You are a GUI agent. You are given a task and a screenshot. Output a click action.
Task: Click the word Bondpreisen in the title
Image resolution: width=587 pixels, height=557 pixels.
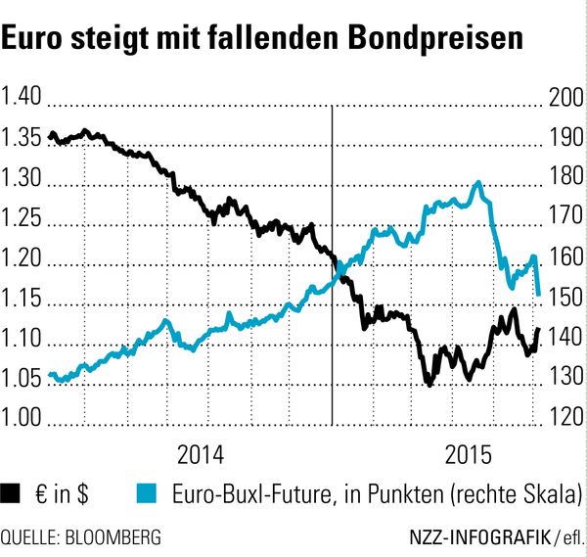[435, 38]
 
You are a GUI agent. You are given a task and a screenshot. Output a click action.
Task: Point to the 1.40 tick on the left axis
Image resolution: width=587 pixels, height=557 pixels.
[21, 96]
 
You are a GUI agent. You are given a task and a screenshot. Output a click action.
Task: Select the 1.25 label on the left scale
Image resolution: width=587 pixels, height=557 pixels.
[21, 217]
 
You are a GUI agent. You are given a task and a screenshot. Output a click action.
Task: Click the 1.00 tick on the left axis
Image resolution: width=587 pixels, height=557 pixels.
[21, 417]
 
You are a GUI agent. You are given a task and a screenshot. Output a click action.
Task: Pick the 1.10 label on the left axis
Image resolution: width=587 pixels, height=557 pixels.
[21, 338]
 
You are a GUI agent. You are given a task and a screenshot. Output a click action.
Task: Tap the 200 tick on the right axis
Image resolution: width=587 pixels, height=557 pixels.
[566, 97]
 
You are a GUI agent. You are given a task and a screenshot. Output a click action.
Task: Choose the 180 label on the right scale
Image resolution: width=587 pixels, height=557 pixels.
[566, 176]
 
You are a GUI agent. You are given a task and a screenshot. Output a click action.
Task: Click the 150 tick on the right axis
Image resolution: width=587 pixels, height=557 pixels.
[566, 297]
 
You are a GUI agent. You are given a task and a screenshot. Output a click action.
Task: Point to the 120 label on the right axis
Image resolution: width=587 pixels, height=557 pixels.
[566, 417]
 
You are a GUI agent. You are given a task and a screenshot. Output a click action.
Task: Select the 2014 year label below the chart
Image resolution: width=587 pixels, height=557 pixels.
[201, 455]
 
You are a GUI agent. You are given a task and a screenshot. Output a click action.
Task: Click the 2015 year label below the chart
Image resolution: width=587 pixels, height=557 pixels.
[468, 455]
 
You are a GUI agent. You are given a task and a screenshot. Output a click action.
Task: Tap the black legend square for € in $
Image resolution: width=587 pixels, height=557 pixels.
[10, 493]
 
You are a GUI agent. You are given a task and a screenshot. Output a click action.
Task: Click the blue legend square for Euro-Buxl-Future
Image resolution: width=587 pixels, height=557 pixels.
[147, 493]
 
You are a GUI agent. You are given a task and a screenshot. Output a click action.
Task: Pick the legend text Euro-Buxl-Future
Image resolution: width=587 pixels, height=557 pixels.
[252, 493]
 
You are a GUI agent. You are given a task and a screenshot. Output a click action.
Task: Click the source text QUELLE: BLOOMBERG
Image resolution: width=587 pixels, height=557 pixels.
[81, 537]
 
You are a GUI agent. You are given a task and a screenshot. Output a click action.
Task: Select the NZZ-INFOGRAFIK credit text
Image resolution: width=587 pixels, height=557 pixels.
[480, 537]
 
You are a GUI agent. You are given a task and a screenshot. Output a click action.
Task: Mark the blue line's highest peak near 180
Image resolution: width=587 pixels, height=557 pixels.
[477, 183]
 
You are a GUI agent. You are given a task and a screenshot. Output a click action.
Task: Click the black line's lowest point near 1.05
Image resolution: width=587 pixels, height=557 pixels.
[429, 384]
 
